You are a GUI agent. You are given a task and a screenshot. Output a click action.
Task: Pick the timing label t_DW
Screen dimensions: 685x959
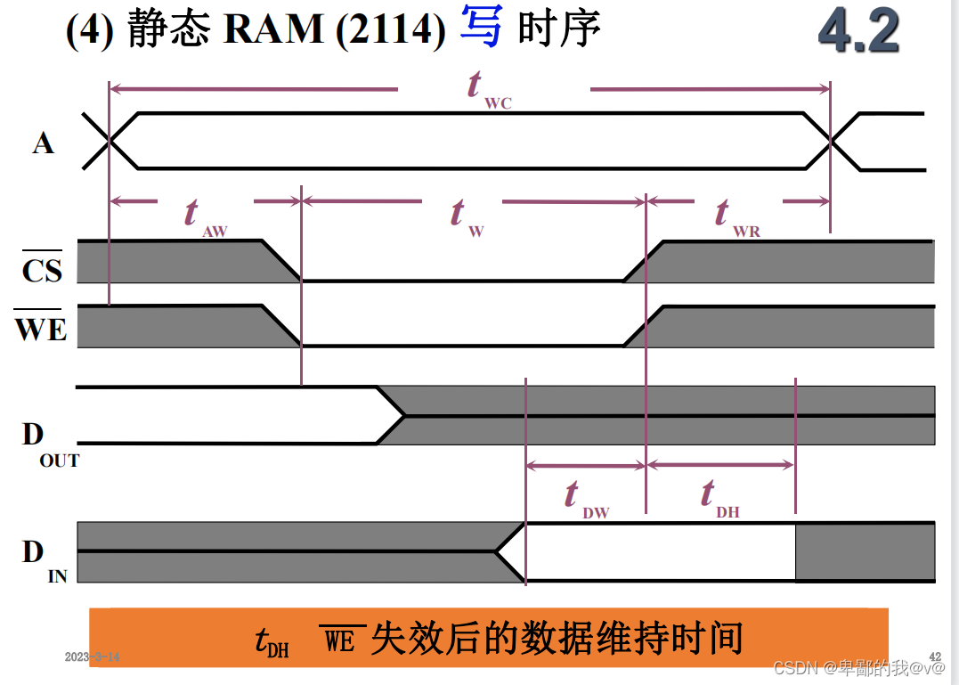tap(583, 499)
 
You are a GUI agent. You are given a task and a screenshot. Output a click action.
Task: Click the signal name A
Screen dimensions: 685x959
tap(43, 143)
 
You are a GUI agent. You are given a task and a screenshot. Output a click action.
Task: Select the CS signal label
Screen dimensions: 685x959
tap(42, 269)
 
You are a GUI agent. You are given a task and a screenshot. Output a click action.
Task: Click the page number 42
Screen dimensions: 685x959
tap(935, 656)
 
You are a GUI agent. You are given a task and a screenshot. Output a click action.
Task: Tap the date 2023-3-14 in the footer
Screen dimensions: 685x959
tap(92, 657)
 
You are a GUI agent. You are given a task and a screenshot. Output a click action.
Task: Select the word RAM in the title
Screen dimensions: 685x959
tap(273, 29)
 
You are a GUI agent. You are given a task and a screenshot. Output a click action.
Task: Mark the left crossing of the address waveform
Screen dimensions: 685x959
tap(109, 140)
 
